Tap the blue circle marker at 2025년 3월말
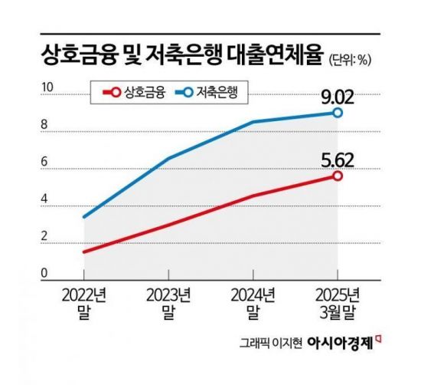[338, 113]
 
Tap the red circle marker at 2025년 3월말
[338, 176]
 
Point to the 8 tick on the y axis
[45, 127]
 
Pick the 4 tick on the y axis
[45, 202]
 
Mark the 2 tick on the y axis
[45, 239]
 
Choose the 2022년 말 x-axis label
[82, 303]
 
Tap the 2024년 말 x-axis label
[252, 303]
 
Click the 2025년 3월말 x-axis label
[338, 303]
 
